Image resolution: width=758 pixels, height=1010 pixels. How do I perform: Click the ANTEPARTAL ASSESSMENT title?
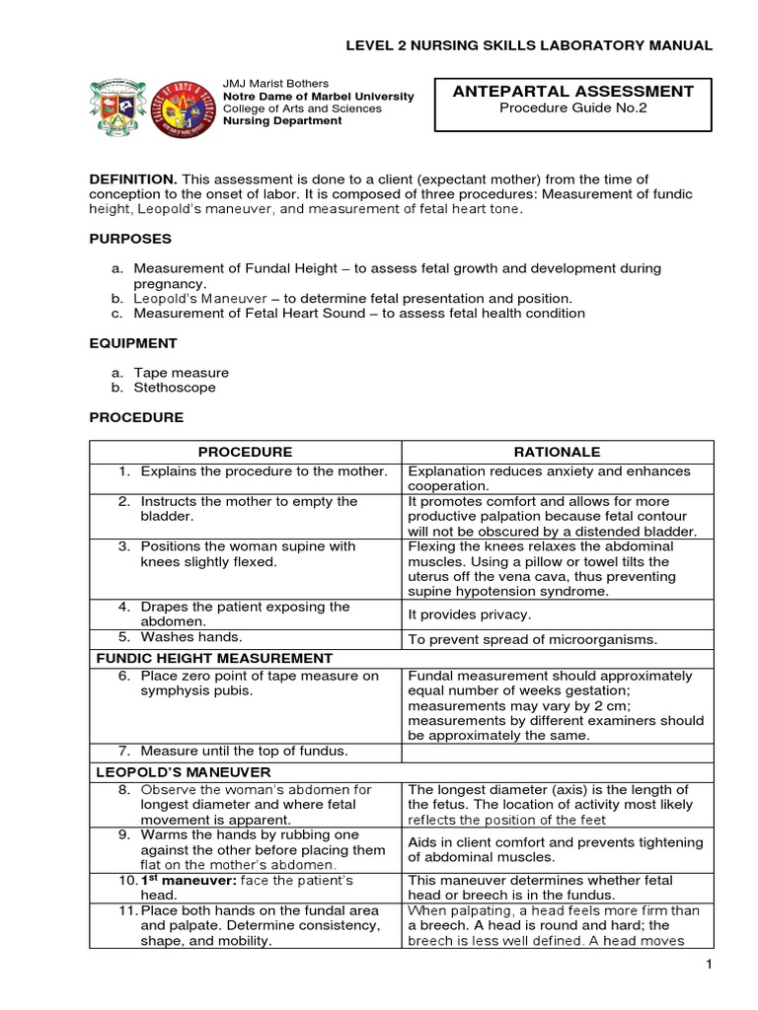(572, 92)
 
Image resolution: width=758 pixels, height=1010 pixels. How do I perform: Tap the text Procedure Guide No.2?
(572, 109)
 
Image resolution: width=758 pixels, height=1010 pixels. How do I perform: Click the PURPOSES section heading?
(130, 239)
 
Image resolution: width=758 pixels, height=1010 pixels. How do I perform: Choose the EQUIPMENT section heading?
(133, 343)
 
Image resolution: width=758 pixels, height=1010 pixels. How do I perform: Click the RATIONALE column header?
(557, 452)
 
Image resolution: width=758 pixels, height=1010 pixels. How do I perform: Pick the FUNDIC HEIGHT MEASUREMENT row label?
(213, 658)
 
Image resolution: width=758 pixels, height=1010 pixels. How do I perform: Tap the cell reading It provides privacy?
(470, 614)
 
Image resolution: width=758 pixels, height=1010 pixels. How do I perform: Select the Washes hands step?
(191, 637)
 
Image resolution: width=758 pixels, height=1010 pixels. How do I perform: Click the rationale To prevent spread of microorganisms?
(532, 639)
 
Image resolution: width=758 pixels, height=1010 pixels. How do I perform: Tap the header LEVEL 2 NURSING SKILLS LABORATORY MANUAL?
(527, 45)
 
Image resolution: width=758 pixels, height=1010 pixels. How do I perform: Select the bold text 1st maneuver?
(176, 880)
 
